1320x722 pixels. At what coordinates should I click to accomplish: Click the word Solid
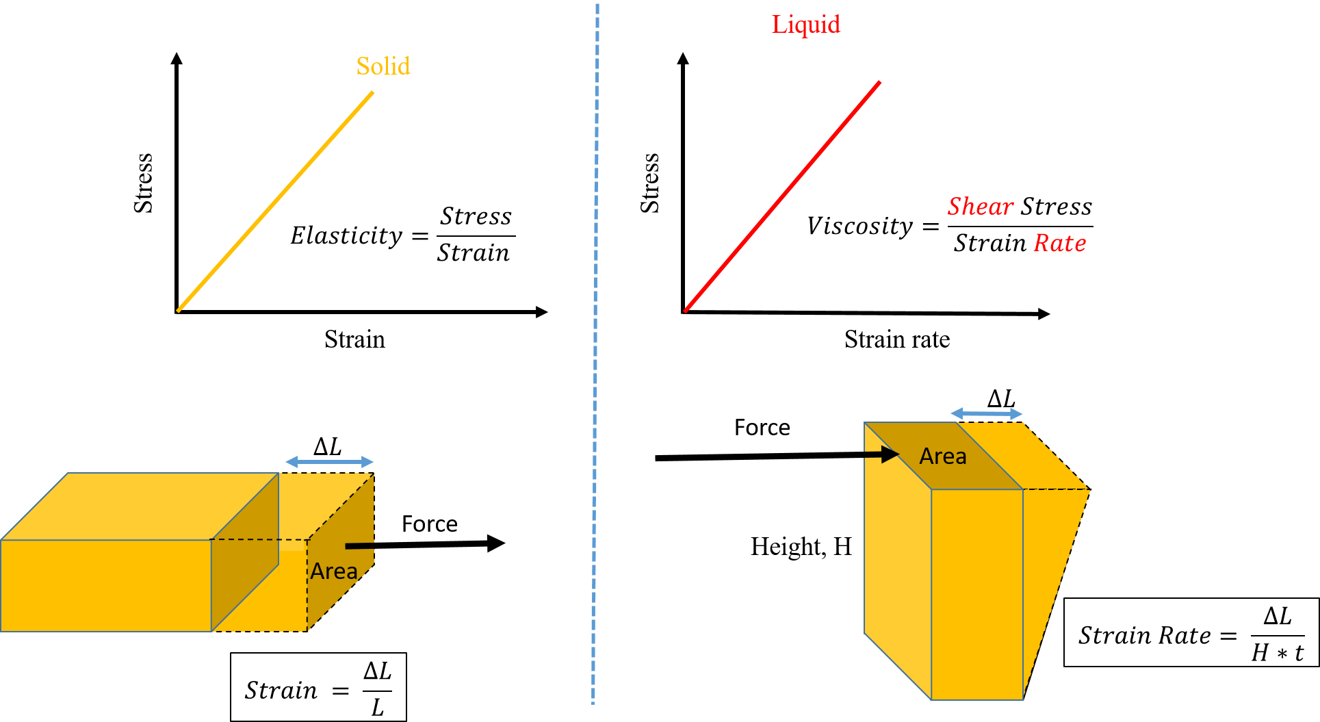point(383,66)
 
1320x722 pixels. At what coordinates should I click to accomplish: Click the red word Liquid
point(805,25)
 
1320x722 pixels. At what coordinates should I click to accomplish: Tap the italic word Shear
point(980,207)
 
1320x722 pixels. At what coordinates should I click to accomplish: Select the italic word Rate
point(1059,243)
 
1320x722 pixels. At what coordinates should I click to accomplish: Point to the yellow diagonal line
point(276,201)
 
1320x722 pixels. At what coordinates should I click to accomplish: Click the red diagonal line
point(782,196)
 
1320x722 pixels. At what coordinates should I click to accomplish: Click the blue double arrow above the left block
point(330,462)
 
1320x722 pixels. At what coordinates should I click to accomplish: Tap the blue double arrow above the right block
point(987,413)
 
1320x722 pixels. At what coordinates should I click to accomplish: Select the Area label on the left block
point(334,571)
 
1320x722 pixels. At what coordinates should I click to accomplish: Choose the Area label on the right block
point(942,456)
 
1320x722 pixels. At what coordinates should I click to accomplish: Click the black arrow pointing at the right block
point(882,454)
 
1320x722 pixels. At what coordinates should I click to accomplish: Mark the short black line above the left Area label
point(360,546)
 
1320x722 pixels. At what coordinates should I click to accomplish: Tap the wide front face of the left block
point(106,585)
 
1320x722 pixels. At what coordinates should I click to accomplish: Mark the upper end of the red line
point(879,83)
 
